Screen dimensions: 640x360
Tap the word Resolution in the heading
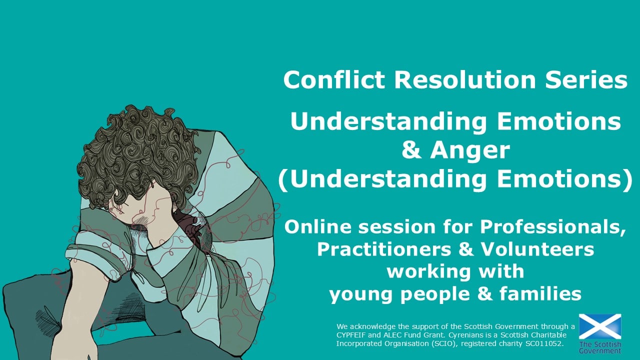(x=464, y=79)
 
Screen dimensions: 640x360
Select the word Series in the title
(x=586, y=79)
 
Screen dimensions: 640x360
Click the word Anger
(x=470, y=151)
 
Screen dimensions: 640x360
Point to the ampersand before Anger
(x=411, y=150)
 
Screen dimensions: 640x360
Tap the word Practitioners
(x=383, y=249)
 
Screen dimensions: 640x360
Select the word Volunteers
(x=537, y=249)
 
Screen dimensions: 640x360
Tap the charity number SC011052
(x=544, y=343)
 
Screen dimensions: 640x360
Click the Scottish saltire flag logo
(x=600, y=326)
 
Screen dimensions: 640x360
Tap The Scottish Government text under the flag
(x=600, y=347)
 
